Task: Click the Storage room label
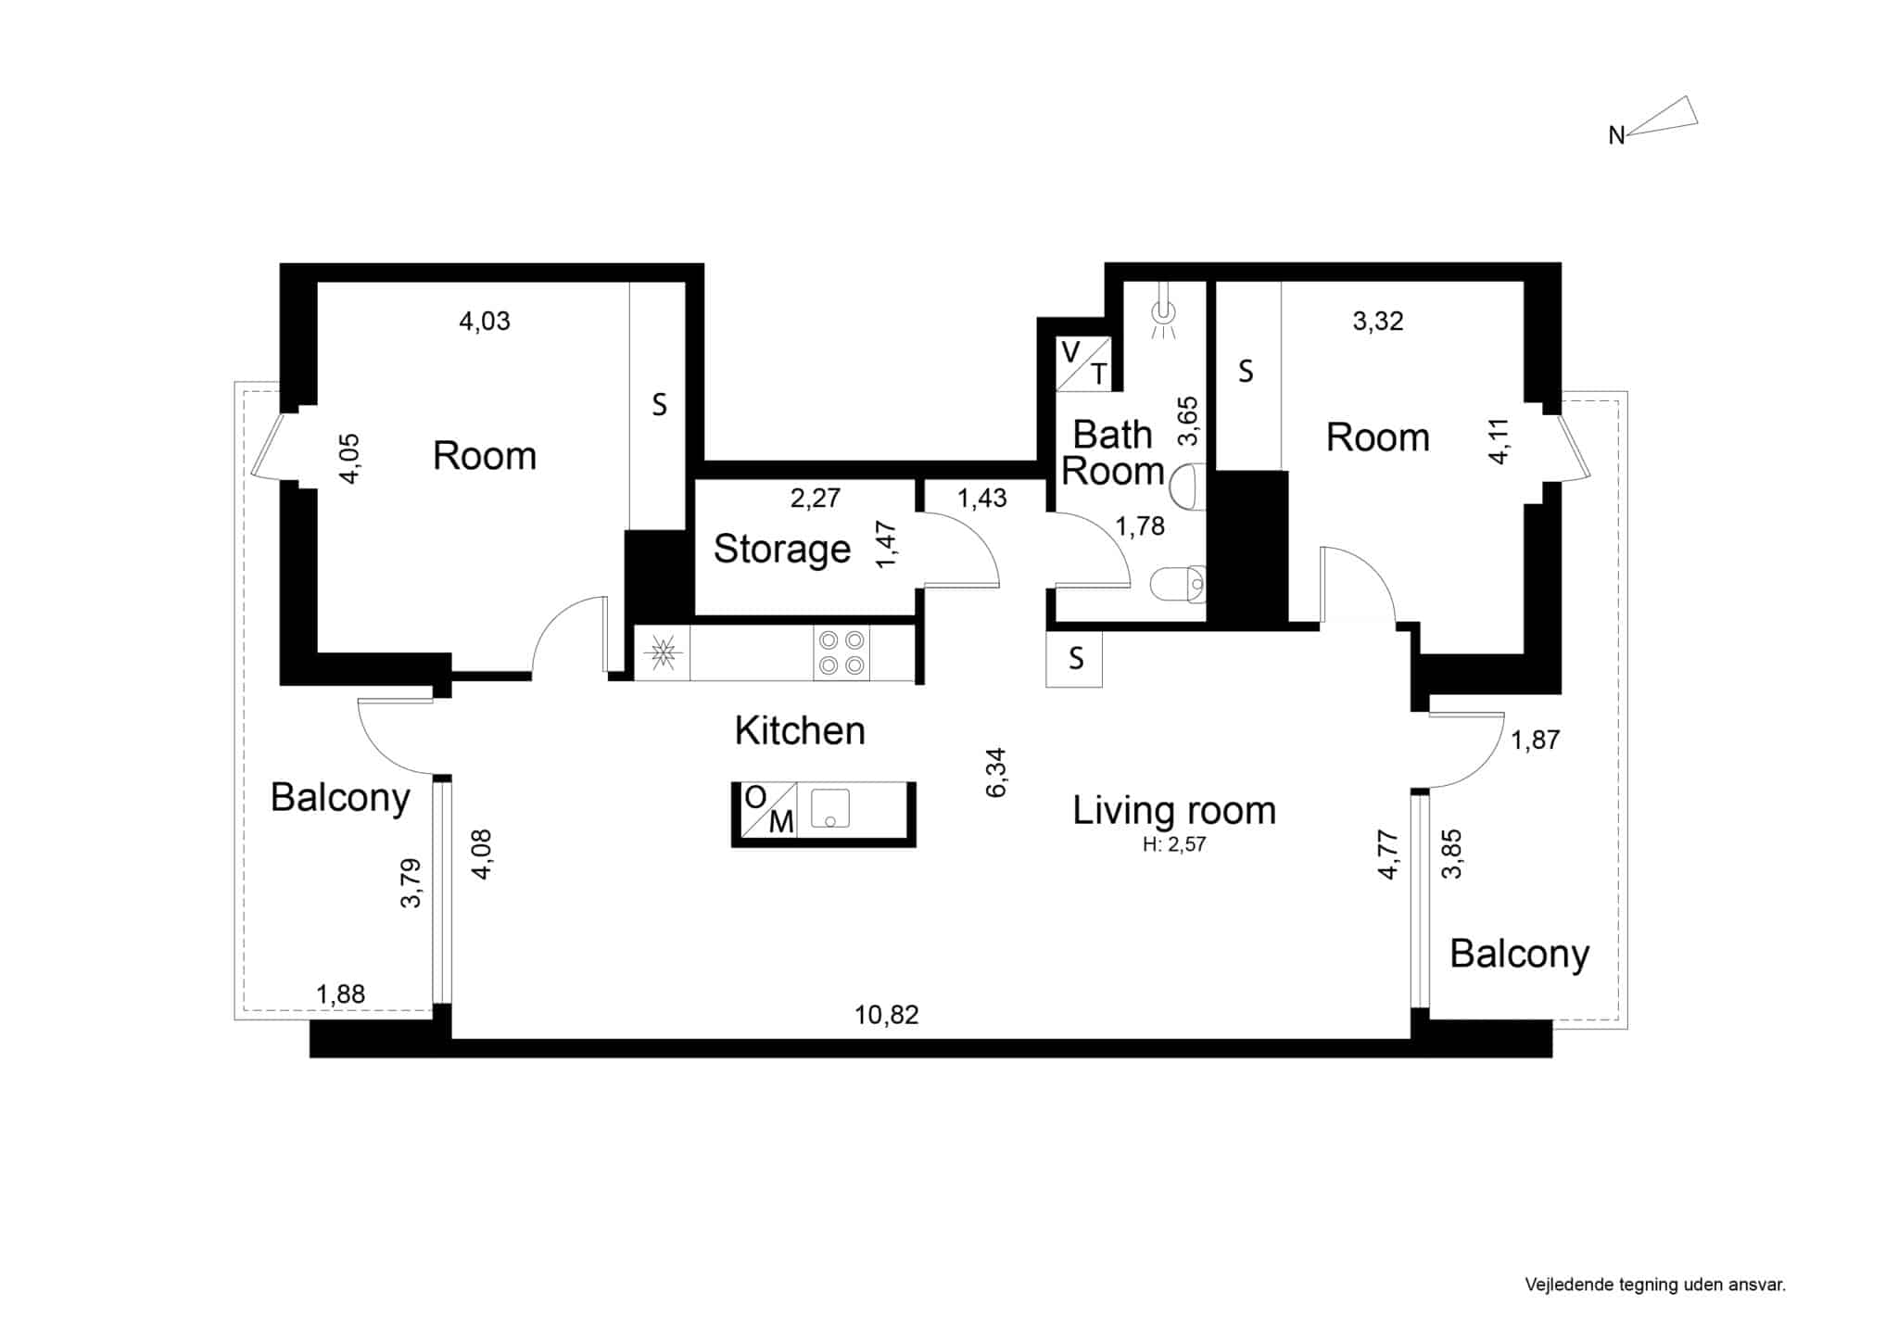(x=782, y=550)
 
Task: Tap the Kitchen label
(x=800, y=731)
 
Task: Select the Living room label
(x=1174, y=811)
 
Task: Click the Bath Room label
(x=1112, y=453)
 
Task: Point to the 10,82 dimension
(x=887, y=1015)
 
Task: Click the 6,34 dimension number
(x=996, y=773)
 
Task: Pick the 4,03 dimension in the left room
(x=485, y=322)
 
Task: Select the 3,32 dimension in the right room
(x=1378, y=322)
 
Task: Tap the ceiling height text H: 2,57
(x=1174, y=844)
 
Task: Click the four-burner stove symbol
(x=841, y=652)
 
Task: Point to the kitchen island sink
(x=830, y=808)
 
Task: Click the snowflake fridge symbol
(x=663, y=653)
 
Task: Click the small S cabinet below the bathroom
(x=1074, y=659)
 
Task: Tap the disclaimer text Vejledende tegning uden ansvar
(x=1655, y=1285)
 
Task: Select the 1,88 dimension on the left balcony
(x=341, y=994)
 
